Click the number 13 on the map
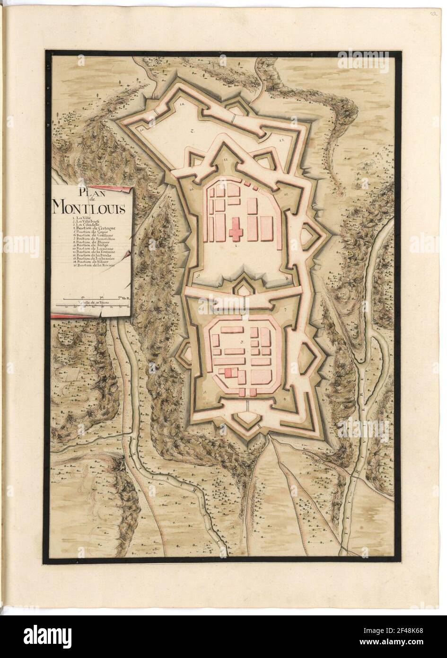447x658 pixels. pos(280,141)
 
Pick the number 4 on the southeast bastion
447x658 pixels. pos(284,399)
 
